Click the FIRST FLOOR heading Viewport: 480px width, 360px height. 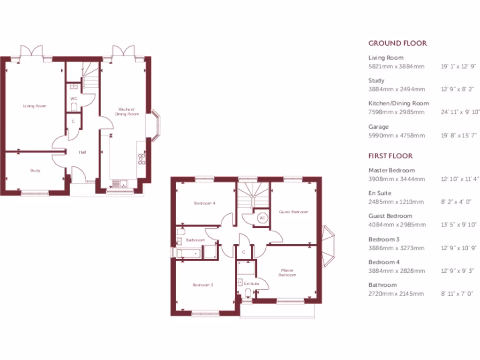coord(390,156)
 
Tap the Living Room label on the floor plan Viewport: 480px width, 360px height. coord(35,106)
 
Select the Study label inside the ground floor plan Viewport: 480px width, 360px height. coord(35,170)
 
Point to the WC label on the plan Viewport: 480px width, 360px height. coord(74,98)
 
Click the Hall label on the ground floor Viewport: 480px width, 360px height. coord(82,152)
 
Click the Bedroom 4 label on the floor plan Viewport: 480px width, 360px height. coord(205,203)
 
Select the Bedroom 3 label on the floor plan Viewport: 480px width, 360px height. coord(202,285)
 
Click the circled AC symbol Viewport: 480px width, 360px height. coord(262,218)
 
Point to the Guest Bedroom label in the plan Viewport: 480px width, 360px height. coord(294,212)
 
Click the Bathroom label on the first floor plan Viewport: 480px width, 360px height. coord(195,240)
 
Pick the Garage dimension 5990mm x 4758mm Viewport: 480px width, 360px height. coord(397,135)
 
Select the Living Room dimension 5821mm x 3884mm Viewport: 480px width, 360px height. coord(396,67)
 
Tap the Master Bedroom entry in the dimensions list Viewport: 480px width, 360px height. coord(391,170)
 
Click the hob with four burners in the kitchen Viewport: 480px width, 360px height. coord(141,159)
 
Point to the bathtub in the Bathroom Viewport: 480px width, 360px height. coord(189,254)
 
